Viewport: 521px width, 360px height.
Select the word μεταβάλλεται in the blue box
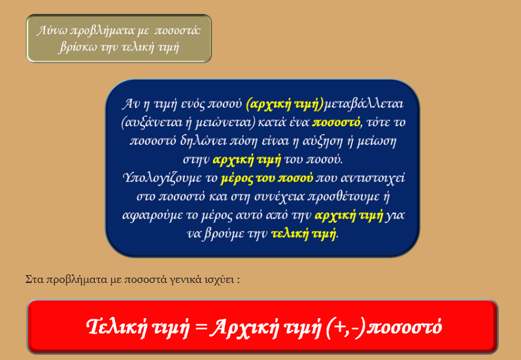pos(363,105)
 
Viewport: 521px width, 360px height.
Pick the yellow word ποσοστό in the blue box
pos(336,123)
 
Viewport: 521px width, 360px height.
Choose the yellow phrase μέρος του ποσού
pos(267,178)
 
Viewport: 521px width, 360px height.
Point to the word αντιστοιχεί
pos(373,178)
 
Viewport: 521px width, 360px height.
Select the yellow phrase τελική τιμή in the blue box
pos(303,234)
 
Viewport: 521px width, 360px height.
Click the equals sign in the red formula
pos(201,327)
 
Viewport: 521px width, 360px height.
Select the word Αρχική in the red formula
pos(244,327)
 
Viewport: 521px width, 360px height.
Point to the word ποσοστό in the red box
pos(405,327)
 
